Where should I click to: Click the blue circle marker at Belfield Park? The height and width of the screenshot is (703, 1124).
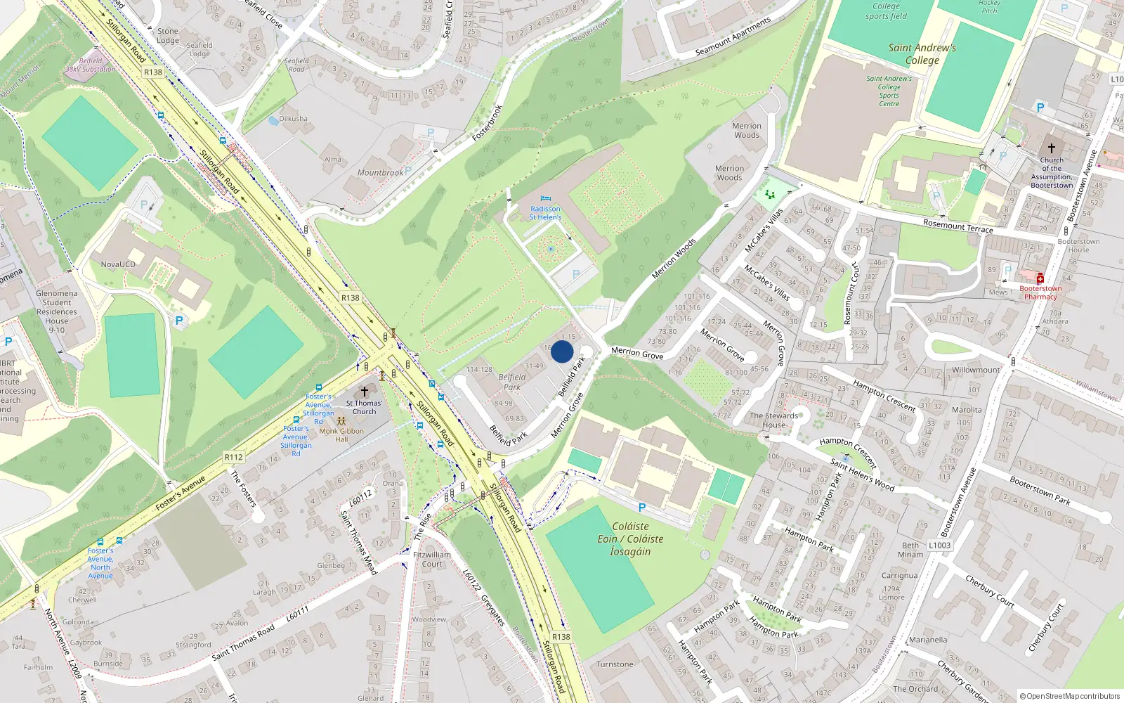click(x=562, y=351)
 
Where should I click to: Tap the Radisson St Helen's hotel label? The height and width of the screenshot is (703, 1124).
click(x=545, y=213)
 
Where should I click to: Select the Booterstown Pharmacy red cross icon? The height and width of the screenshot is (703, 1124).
click(x=1040, y=278)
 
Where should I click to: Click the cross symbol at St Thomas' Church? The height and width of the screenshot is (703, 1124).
click(x=364, y=392)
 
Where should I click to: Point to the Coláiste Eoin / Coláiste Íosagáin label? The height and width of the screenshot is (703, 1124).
click(x=630, y=538)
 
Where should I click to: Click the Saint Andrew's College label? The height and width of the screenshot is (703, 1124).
click(x=922, y=54)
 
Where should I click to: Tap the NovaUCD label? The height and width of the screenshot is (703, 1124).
click(x=118, y=264)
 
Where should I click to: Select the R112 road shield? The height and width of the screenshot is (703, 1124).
click(x=233, y=457)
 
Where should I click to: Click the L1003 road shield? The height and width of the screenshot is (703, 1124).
click(x=939, y=545)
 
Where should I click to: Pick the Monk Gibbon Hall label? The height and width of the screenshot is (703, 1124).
click(x=341, y=435)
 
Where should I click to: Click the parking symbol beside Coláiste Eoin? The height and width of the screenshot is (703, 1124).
click(x=641, y=508)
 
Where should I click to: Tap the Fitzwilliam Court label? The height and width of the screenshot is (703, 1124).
click(x=432, y=559)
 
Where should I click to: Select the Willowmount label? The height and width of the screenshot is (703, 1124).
click(x=975, y=370)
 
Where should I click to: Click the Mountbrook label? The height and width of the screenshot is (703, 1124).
click(x=380, y=172)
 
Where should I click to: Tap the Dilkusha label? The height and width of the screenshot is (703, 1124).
click(x=293, y=118)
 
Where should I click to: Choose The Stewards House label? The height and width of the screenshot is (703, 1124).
click(x=773, y=420)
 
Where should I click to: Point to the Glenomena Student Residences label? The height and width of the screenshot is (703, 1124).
click(x=57, y=311)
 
